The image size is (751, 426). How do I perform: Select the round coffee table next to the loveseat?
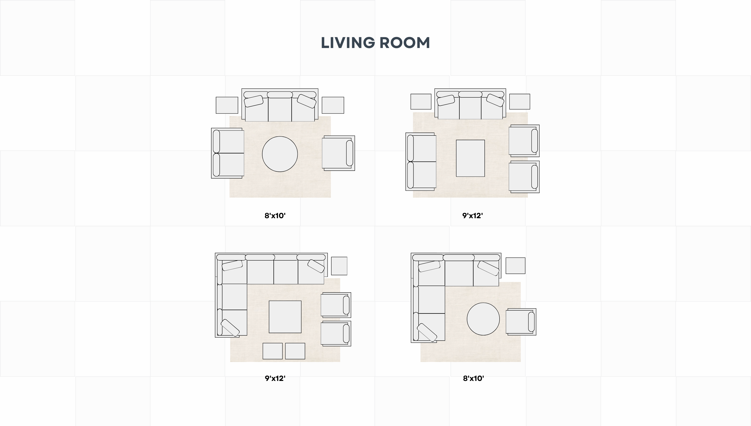pos(280,154)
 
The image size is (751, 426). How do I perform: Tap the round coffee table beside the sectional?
pos(483,319)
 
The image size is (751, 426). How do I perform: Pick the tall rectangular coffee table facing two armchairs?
pos(470,158)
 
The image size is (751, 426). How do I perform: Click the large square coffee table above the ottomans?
pos(285,317)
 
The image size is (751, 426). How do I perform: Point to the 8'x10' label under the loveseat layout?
pos(275,216)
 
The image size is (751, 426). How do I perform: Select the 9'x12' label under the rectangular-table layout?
pos(472,216)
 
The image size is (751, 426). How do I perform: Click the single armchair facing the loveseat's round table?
pos(338,153)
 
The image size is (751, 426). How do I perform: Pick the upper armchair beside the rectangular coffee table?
pos(524,141)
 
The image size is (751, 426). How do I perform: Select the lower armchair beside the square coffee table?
pos(336,334)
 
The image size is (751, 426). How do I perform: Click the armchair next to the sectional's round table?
pos(521,322)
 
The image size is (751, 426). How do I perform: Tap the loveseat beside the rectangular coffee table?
pos(421,162)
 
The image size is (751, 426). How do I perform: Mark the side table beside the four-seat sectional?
pos(339,266)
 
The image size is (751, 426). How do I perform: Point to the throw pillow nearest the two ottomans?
pos(230,328)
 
